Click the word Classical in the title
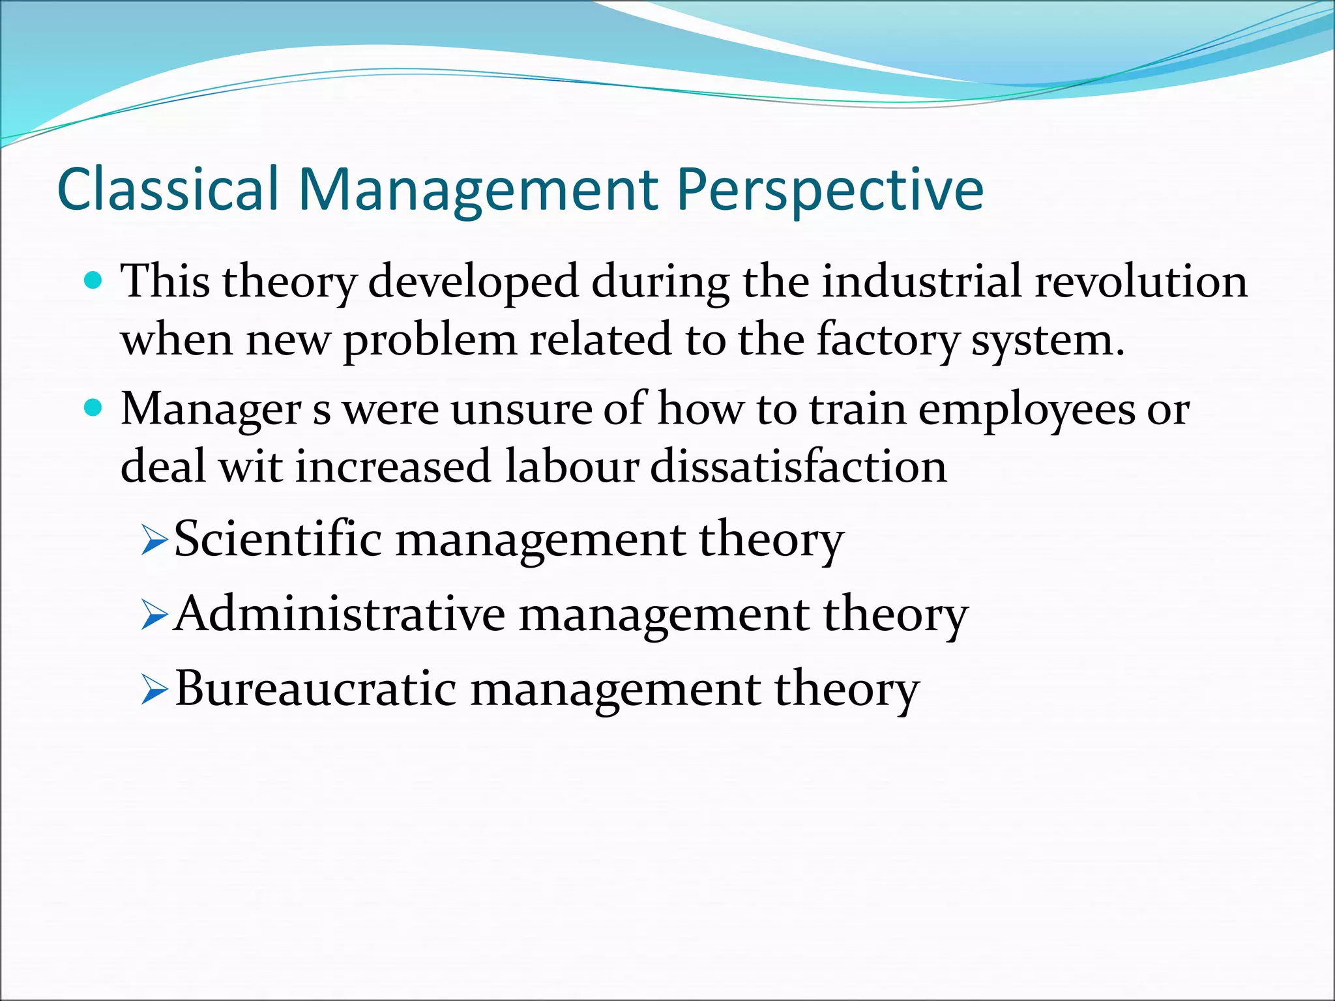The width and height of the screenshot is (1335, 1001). (x=168, y=190)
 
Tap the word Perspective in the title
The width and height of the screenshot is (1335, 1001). (x=829, y=190)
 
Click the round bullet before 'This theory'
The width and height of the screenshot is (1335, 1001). (x=94, y=282)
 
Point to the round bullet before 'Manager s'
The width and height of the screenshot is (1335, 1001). (x=94, y=409)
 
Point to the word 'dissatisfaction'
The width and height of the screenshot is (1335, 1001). (x=799, y=467)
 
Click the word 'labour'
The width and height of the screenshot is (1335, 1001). (x=571, y=467)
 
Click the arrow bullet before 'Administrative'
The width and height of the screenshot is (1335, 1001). (x=154, y=616)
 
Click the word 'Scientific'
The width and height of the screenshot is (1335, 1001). (x=278, y=540)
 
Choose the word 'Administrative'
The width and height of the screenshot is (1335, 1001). (x=340, y=614)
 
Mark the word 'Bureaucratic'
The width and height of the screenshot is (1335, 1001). (x=315, y=689)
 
